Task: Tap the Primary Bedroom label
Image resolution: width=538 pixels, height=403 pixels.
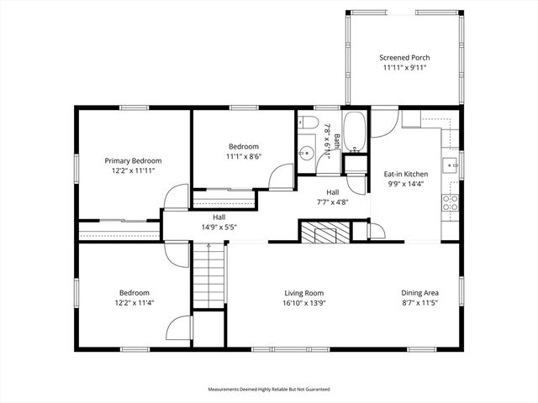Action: [x=133, y=160]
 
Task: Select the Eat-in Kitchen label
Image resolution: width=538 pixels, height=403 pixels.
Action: [x=406, y=174]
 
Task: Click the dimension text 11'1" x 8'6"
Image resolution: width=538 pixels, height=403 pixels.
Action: [x=243, y=155]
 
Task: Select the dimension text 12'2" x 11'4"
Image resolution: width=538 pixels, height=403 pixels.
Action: [x=133, y=302]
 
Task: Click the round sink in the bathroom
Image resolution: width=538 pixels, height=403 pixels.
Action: [x=307, y=154]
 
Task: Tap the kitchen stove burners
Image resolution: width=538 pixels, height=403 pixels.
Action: [x=451, y=201]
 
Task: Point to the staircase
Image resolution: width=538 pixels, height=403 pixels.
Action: [x=209, y=277]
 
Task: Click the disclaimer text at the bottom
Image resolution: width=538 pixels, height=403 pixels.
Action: [x=269, y=390]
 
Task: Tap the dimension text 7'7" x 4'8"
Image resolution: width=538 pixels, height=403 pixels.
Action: [x=321, y=201]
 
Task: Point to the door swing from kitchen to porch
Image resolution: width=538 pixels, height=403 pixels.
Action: [x=382, y=124]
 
